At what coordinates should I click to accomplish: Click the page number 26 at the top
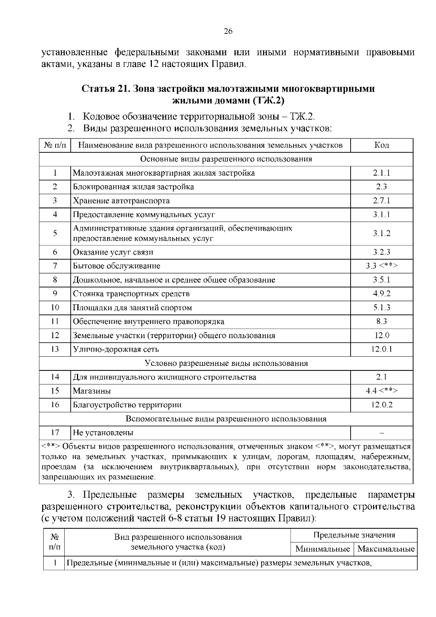(228, 31)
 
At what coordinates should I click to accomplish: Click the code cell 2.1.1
(381, 173)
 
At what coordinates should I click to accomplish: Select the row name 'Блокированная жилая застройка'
(133, 187)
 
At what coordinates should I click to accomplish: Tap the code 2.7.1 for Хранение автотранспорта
(381, 201)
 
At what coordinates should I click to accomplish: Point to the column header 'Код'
(381, 145)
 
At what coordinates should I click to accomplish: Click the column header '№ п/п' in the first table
(55, 145)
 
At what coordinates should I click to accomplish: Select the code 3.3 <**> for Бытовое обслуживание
(381, 266)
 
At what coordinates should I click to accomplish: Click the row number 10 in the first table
(55, 308)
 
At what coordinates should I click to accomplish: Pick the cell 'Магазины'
(92, 391)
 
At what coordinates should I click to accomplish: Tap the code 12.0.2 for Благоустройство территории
(381, 405)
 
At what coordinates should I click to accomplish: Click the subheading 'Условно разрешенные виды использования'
(226, 364)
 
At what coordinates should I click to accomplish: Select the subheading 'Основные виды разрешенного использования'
(226, 159)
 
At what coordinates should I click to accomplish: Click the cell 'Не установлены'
(103, 433)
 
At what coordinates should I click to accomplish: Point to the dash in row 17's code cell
(381, 433)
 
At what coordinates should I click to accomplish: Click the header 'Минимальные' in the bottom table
(322, 549)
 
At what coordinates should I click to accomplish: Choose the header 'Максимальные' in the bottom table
(386, 549)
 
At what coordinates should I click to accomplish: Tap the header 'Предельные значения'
(354, 535)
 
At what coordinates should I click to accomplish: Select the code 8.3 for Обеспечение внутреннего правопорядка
(381, 321)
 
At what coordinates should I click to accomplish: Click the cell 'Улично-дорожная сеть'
(116, 349)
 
